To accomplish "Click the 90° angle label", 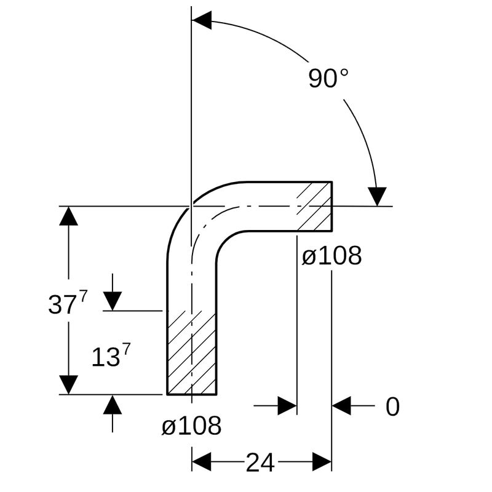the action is click(328, 78).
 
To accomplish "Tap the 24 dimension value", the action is click(260, 462).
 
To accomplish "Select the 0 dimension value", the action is click(392, 407).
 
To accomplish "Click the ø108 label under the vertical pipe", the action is click(191, 426).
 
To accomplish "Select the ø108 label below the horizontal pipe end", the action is click(331, 256).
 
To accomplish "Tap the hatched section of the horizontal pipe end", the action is click(314, 206).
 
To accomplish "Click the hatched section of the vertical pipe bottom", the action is click(191, 353).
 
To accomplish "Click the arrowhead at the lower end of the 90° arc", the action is click(377, 196).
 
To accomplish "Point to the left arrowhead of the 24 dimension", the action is click(201, 461).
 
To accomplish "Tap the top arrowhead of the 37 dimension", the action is click(69, 216).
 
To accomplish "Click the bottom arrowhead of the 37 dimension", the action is click(69, 384).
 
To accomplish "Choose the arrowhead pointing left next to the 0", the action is click(342, 406).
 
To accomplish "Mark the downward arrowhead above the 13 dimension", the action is click(113, 301).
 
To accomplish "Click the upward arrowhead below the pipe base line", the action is click(113, 405).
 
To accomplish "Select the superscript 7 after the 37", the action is click(84, 296).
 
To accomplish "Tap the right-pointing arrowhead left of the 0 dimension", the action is click(287, 406).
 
